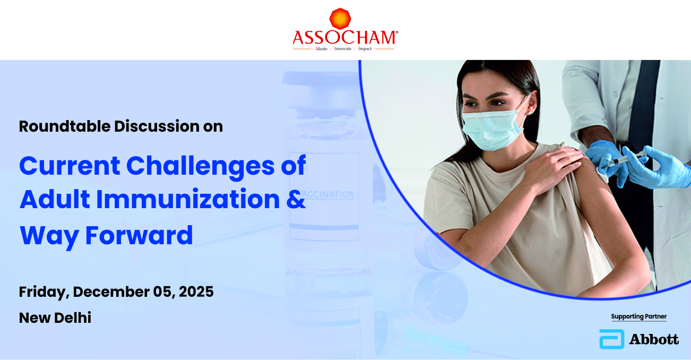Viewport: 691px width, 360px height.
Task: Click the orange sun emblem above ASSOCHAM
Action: pyautogui.click(x=340, y=19)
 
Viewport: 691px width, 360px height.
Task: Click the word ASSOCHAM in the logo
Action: pyautogui.click(x=344, y=38)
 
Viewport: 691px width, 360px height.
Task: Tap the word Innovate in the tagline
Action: pyautogui.click(x=343, y=49)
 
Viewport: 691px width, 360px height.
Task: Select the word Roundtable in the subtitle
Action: pyautogui.click(x=65, y=126)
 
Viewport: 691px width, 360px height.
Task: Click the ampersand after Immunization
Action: pyautogui.click(x=296, y=199)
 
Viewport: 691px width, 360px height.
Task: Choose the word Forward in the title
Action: pyautogui.click(x=139, y=235)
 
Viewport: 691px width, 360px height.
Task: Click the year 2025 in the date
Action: pyautogui.click(x=196, y=292)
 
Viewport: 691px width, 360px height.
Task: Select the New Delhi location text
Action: pyautogui.click(x=55, y=318)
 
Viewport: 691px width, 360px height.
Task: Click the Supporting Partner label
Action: pyautogui.click(x=639, y=317)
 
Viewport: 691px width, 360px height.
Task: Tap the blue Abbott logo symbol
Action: pyautogui.click(x=612, y=339)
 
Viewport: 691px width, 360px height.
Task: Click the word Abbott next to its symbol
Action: pyautogui.click(x=654, y=339)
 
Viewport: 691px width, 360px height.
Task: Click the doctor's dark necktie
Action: pyautogui.click(x=644, y=102)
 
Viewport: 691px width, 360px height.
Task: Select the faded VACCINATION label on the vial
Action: pyautogui.click(x=327, y=194)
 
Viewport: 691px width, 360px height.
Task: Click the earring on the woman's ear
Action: pyautogui.click(x=530, y=113)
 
